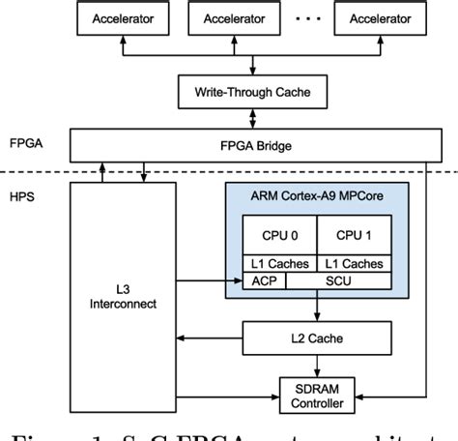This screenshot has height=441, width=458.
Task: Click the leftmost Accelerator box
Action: (126, 18)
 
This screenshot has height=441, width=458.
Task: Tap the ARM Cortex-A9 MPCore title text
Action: (314, 197)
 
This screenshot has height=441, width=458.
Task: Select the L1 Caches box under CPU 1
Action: (354, 264)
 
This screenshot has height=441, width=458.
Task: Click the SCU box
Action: (339, 280)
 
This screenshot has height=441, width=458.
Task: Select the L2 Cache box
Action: (318, 338)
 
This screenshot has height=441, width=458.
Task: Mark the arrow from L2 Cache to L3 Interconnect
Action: (210, 338)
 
